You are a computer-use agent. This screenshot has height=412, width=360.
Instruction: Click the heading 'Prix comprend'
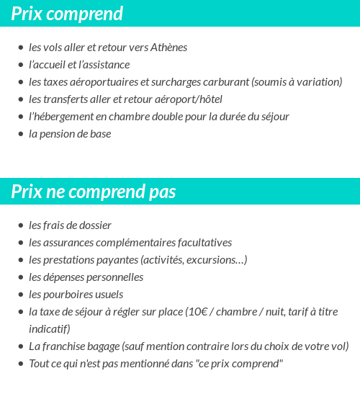coord(67,14)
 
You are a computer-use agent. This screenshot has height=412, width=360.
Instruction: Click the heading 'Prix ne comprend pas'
coord(94,192)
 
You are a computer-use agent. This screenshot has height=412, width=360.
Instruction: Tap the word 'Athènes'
coord(168,48)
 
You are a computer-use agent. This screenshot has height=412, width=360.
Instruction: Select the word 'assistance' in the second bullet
coord(107,65)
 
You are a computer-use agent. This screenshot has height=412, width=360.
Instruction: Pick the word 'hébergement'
coord(66,117)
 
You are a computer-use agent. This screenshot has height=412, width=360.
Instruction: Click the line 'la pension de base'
coord(70,134)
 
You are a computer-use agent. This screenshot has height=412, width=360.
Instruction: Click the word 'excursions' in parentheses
coord(212,260)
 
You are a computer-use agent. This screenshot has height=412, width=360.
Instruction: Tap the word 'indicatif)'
coord(49,329)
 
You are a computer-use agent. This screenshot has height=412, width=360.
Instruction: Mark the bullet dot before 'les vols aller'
coord(20,48)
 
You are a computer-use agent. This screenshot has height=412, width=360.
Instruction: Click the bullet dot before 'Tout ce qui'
coord(20,364)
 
